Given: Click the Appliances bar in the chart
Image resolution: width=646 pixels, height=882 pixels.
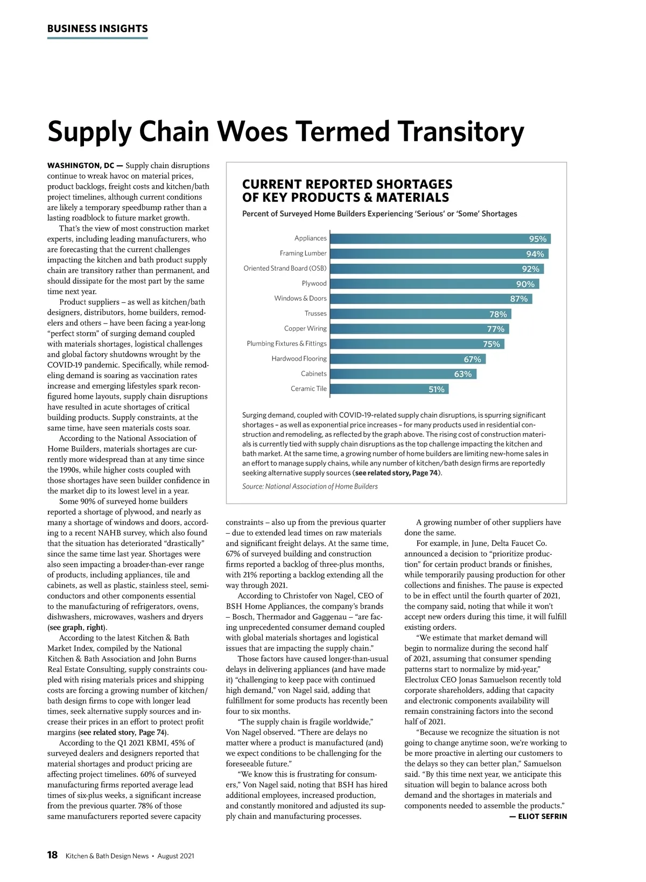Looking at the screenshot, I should click(431, 238).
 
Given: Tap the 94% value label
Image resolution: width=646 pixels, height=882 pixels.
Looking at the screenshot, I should click(535, 254).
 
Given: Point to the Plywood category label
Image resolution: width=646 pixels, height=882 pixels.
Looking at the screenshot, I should click(314, 284).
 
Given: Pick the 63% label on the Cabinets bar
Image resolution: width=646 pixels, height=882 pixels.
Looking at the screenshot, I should click(463, 374).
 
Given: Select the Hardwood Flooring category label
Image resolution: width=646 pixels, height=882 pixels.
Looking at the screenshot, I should click(299, 358).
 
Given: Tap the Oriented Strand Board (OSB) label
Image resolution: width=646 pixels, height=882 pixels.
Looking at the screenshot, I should click(285, 269).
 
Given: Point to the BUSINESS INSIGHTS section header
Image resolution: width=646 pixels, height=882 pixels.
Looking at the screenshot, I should click(97, 29).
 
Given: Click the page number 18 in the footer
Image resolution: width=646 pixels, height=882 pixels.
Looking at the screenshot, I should click(52, 855).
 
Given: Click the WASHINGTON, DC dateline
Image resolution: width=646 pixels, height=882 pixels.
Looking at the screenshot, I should click(81, 166).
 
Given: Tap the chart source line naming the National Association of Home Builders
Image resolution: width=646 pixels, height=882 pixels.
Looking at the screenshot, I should click(310, 486).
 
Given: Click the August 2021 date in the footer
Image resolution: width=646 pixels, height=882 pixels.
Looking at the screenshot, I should click(175, 856).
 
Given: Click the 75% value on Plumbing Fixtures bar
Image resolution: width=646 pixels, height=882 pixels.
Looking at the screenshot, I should click(491, 344).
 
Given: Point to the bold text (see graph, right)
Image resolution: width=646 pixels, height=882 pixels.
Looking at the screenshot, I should click(77, 627).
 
